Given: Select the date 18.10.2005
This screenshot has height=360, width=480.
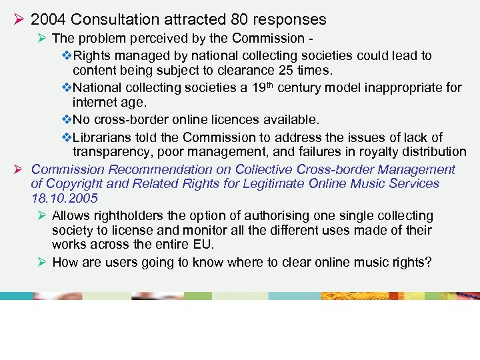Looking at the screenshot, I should pos(64,198).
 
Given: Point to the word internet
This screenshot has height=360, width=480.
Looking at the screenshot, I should pos(93,103).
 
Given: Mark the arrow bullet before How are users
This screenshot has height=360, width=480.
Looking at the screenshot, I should pos(42,262).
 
